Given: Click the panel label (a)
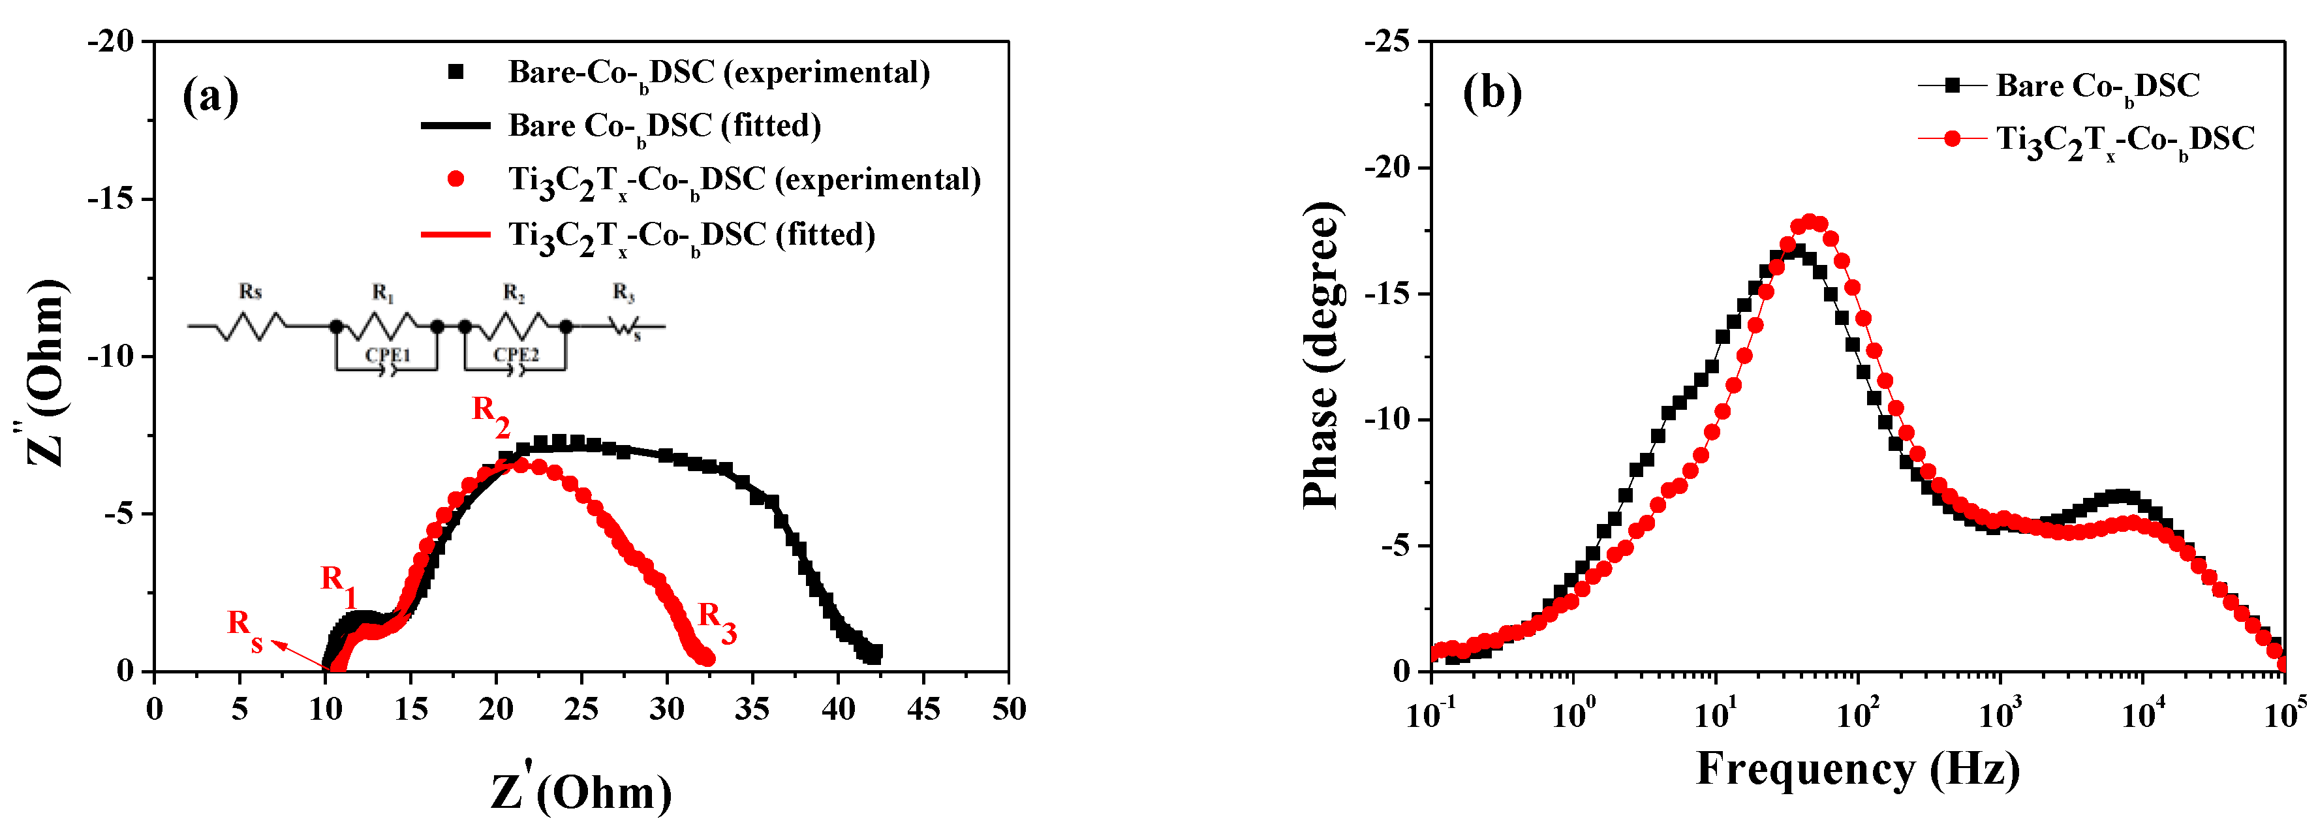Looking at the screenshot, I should (x=209, y=95).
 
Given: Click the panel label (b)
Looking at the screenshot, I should (x=1491, y=93).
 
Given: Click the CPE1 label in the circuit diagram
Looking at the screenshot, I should (x=387, y=355).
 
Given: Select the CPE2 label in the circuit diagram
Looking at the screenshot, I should (x=516, y=355).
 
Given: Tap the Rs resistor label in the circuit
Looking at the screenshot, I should (x=250, y=292).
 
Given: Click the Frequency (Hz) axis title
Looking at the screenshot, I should (x=1857, y=769).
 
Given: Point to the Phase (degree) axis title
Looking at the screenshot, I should (x=1323, y=355).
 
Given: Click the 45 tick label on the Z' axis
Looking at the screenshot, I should (x=923, y=710).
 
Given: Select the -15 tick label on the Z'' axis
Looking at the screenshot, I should (x=110, y=199).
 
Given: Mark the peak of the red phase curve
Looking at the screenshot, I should (x=1809, y=221).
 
